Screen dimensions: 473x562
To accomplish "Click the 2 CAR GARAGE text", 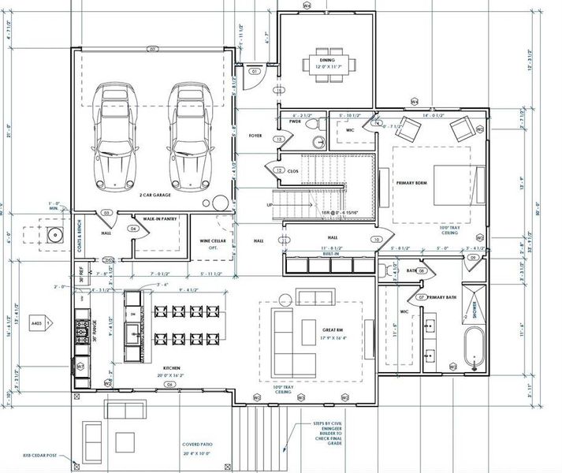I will click(x=158, y=195).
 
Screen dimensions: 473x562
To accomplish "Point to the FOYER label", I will click(x=255, y=136).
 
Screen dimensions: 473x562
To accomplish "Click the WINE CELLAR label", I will click(x=209, y=244).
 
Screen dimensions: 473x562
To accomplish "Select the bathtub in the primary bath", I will click(x=473, y=348).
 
